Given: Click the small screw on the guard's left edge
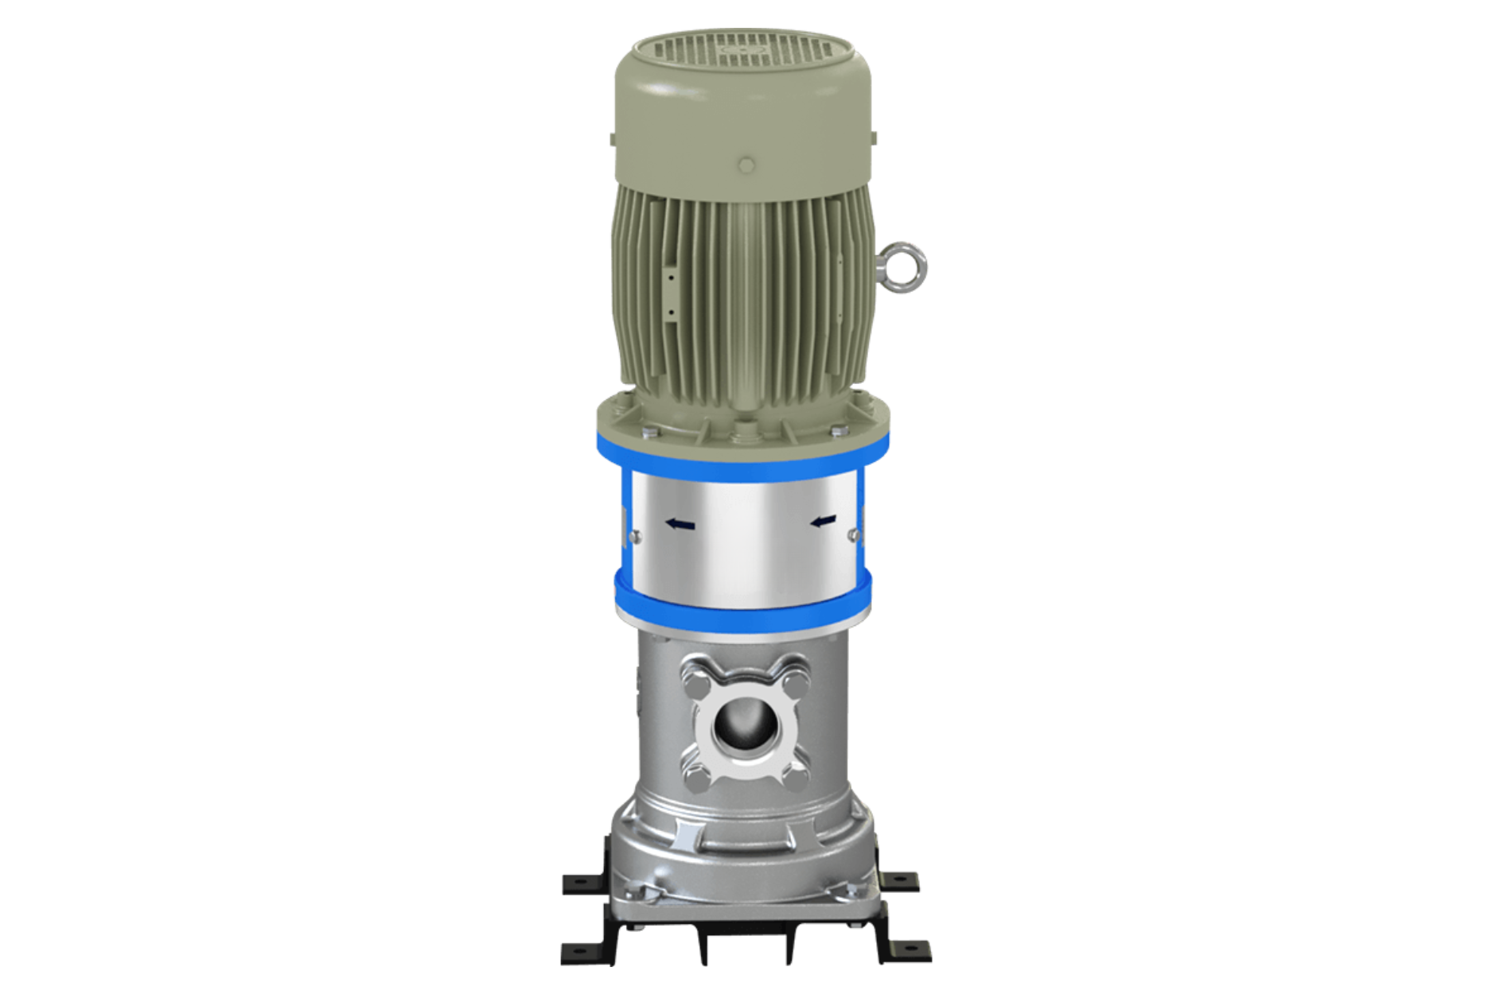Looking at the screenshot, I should point(630,537).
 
